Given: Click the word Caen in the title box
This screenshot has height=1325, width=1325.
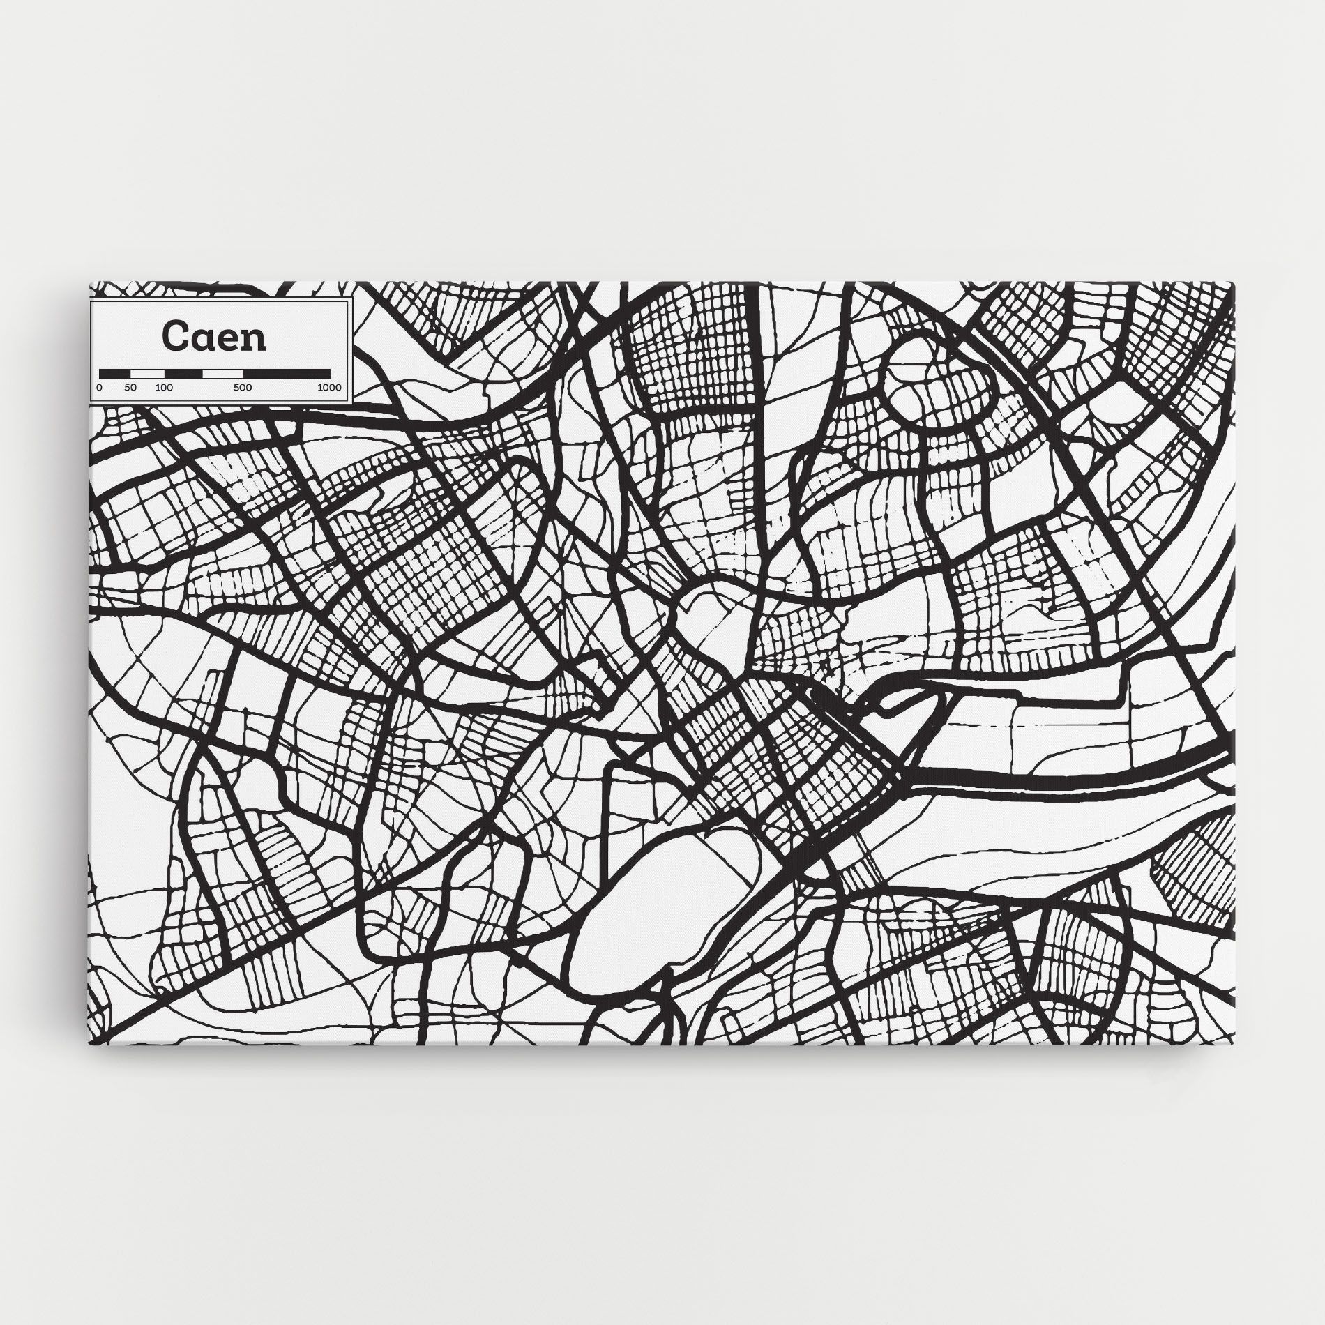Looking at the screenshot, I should (214, 337).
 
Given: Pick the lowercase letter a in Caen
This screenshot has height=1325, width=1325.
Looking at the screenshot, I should (201, 339).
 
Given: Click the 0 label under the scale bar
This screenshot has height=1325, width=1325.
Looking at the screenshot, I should (100, 387).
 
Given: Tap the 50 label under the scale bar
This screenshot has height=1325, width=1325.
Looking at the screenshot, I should (131, 387).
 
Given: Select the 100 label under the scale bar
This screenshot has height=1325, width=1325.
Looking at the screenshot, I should (164, 387).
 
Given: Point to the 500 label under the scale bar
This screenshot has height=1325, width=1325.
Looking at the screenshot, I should (243, 387).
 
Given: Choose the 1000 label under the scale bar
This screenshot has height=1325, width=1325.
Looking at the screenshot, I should (328, 387).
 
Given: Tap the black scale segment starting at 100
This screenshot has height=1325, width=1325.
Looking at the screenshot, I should (183, 374).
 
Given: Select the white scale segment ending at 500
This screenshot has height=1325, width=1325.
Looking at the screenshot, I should (222, 374).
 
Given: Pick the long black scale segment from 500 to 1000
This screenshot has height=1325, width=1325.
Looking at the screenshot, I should (286, 374).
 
